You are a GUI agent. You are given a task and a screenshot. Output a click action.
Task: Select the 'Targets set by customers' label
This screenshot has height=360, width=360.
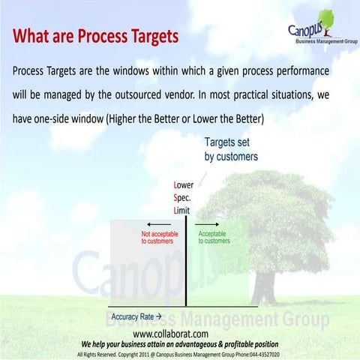(231, 149)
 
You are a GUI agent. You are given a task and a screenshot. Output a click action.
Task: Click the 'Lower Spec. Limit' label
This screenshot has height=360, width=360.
(183, 197)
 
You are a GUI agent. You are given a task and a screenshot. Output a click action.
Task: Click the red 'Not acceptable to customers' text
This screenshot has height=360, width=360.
(157, 238)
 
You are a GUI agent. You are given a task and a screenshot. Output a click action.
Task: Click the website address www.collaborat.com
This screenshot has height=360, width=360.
(170, 334)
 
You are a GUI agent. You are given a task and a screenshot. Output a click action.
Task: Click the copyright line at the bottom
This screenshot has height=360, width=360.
(179, 353)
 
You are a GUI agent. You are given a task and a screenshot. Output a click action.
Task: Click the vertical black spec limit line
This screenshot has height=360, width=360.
(184, 262)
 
